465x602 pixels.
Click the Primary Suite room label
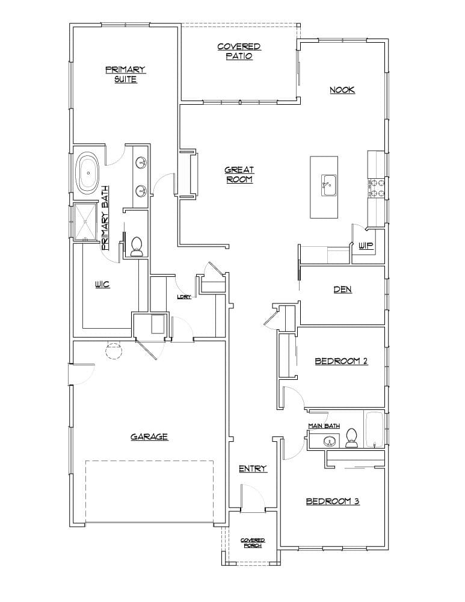click(x=126, y=75)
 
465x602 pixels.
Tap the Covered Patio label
click(x=239, y=51)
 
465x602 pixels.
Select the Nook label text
click(x=342, y=90)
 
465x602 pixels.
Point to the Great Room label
click(x=239, y=175)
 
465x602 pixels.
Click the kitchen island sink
click(x=328, y=184)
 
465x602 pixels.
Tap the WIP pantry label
click(x=366, y=246)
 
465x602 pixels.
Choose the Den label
click(x=342, y=290)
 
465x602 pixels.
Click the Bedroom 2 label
click(x=341, y=361)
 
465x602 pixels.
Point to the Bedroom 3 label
click(x=333, y=501)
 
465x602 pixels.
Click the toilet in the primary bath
click(x=136, y=247)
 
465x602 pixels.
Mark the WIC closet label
click(x=102, y=284)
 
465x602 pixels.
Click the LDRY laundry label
click(x=183, y=297)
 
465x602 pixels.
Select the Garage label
click(x=149, y=437)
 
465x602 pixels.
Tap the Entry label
click(x=252, y=468)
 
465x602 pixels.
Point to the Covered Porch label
click(x=253, y=542)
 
